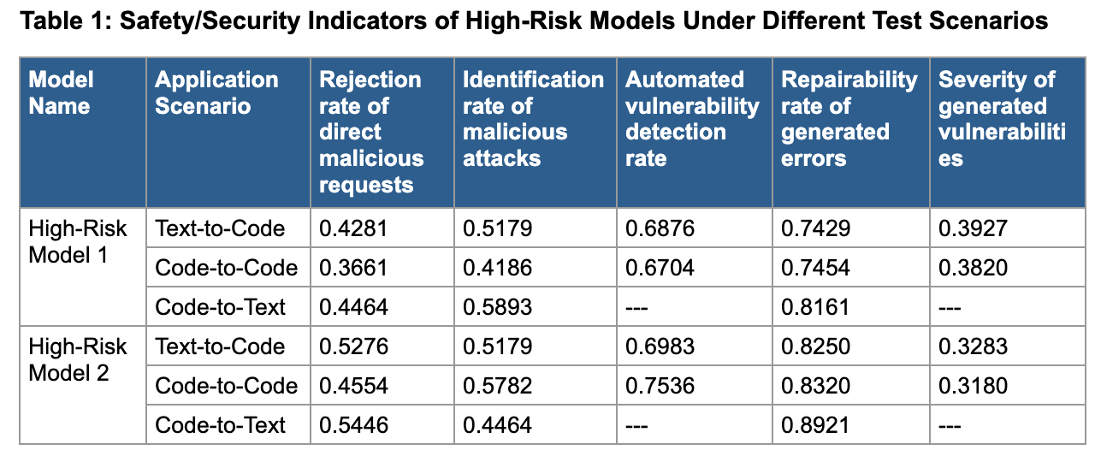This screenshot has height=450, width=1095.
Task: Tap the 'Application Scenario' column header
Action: [x=216, y=93]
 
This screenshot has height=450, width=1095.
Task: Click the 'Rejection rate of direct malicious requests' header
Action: [x=371, y=132]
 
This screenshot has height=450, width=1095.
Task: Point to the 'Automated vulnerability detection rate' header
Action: [x=692, y=119]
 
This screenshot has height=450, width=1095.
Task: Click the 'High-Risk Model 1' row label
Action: [x=77, y=242]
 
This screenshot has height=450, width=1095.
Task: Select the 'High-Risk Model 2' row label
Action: [x=77, y=360]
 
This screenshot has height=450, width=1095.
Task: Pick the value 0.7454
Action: [x=816, y=269]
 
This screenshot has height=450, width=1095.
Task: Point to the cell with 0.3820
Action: [x=974, y=269]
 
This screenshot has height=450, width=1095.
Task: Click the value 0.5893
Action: [x=498, y=308]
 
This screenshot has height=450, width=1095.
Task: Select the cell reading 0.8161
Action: [x=816, y=308]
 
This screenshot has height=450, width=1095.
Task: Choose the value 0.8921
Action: [x=816, y=426]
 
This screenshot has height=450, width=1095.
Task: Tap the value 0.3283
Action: [x=974, y=347]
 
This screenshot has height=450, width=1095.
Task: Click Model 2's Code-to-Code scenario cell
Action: [x=226, y=387]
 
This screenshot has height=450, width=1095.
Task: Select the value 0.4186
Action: [x=498, y=269]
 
